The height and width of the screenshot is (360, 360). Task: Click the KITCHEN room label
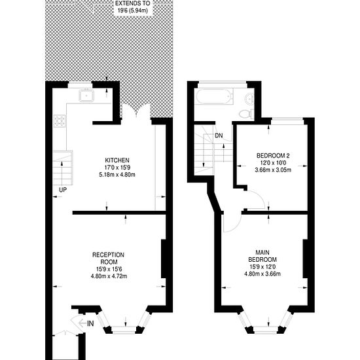point(117,160)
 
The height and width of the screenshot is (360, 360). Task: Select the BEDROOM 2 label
point(273,155)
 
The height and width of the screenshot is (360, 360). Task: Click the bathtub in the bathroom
point(213,98)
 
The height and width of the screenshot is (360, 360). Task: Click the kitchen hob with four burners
point(59,120)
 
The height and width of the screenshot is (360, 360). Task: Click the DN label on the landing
point(219,136)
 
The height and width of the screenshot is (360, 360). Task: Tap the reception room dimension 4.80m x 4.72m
point(109,276)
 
